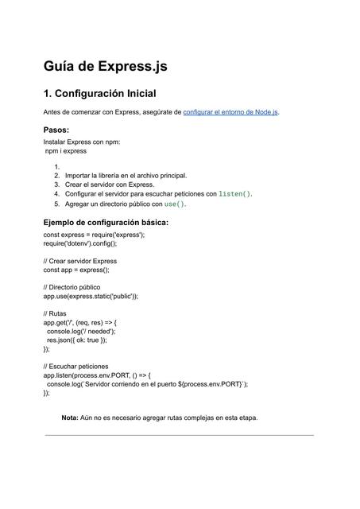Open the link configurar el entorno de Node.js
(x=230, y=113)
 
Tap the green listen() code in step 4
(x=234, y=193)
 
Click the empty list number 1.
(x=57, y=166)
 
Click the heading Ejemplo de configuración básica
(x=106, y=222)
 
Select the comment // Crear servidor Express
(x=80, y=261)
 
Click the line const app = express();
(x=76, y=270)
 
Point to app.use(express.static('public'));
(x=91, y=295)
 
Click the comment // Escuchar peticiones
(x=81, y=366)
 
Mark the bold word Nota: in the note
(x=70, y=418)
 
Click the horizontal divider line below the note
(x=180, y=435)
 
